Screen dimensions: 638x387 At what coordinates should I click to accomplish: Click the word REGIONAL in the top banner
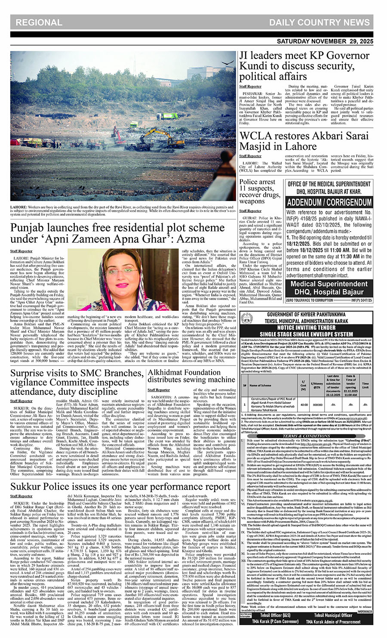40,22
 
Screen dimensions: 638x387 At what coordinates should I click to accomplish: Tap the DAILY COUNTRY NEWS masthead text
319,22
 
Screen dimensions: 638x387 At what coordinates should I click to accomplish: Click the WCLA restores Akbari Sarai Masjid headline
304,141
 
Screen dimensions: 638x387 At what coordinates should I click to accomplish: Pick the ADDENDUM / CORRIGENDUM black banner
329,202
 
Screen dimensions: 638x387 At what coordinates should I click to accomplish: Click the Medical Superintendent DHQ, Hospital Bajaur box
329,288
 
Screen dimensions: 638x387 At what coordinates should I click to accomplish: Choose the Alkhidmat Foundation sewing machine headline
191,376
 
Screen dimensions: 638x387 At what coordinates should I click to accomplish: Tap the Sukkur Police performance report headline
120,486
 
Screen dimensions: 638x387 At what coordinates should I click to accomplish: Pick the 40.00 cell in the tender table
304,405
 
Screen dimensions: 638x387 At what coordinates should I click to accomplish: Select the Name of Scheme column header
261,385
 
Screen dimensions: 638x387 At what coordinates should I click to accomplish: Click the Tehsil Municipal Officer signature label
332,615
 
